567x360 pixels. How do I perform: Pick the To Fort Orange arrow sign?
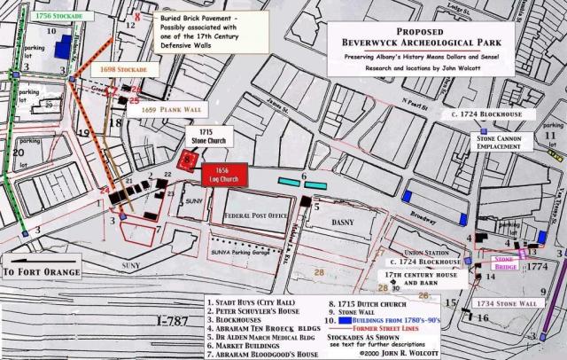[41, 271]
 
